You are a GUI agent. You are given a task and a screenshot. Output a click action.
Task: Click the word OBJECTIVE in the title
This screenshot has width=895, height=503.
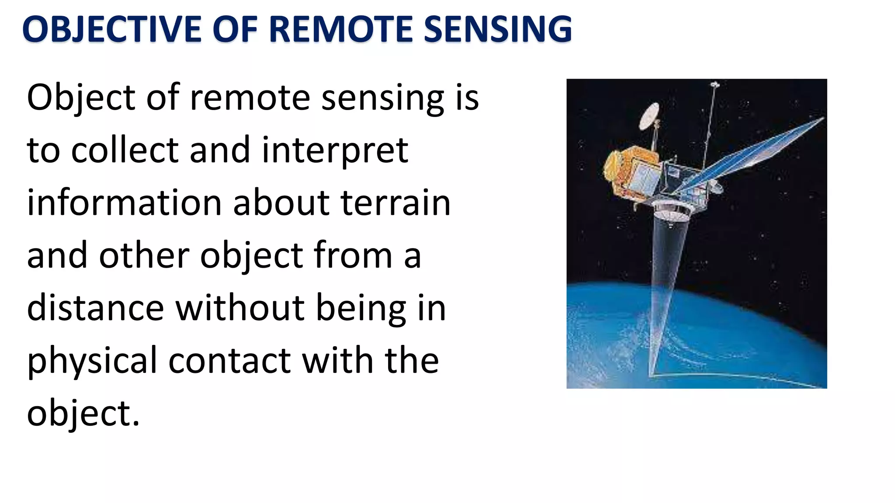[x=112, y=29]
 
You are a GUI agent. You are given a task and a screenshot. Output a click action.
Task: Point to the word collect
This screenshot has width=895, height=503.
[x=125, y=150]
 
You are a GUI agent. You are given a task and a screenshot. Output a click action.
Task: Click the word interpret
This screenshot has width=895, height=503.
[x=335, y=150]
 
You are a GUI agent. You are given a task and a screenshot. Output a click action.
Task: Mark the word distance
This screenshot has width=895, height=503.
[x=95, y=308]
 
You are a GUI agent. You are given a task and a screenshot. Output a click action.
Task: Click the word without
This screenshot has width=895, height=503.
[x=240, y=308]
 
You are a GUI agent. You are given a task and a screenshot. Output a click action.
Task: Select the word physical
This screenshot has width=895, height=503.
[x=92, y=361]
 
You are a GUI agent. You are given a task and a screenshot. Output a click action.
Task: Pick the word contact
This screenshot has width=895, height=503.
[x=229, y=361]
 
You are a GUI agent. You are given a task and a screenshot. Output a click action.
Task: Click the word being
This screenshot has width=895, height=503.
[x=361, y=308]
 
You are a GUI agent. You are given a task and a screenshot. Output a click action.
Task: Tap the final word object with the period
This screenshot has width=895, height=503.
[x=83, y=413]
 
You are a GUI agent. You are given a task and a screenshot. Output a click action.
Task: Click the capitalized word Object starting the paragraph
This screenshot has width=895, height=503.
[x=81, y=98]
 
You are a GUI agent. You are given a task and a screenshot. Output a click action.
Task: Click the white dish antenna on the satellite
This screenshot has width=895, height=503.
[x=649, y=116]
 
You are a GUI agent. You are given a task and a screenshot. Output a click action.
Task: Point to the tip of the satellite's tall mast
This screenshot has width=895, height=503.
[x=715, y=84]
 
